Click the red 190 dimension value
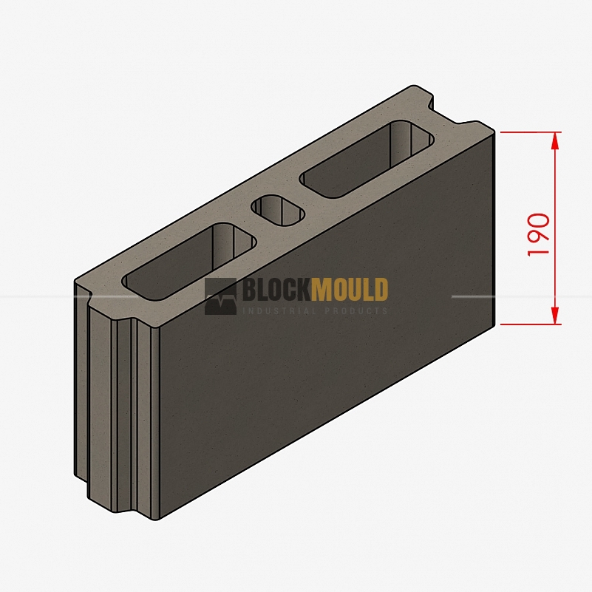[x=539, y=235]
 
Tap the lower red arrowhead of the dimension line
[x=554, y=316]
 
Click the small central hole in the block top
[x=278, y=211]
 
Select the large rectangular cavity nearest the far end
[x=367, y=159]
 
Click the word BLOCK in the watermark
[x=276, y=290]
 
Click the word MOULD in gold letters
[x=350, y=290]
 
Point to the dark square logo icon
[x=220, y=296]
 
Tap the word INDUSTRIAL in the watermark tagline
[x=279, y=311]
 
